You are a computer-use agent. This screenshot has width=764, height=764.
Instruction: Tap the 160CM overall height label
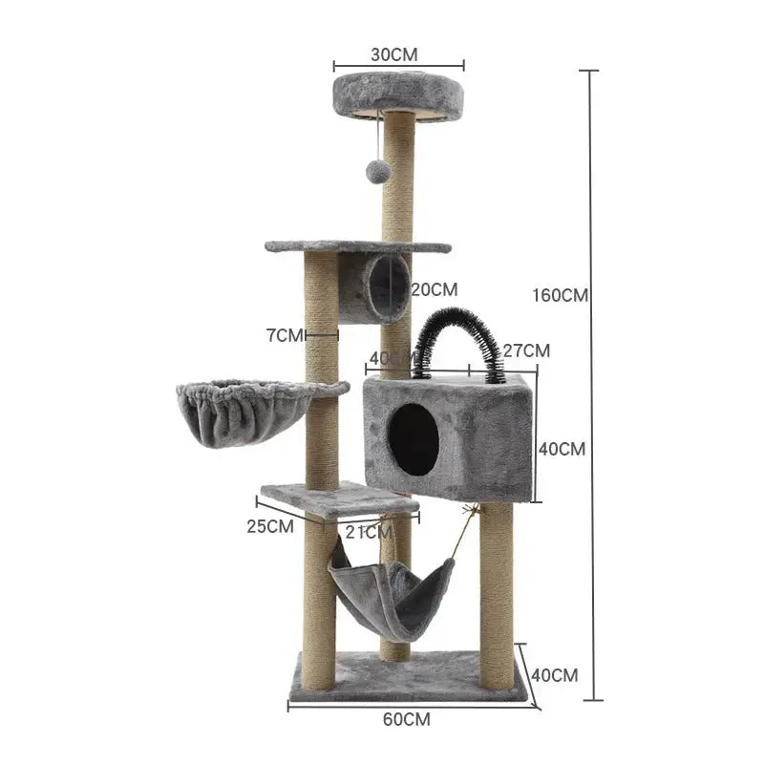560,295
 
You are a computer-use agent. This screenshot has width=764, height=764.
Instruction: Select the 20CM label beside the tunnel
435,288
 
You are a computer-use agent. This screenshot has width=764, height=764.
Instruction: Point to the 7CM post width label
284,335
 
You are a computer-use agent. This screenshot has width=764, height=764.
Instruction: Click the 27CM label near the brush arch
527,350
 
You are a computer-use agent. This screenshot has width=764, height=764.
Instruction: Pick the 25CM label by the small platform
269,525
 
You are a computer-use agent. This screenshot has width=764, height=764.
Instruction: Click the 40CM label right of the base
554,675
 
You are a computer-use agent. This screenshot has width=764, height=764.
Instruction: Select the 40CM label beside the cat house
562,448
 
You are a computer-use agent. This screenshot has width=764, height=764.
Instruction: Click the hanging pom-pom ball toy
379,171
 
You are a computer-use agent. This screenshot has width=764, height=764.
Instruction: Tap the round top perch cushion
398,93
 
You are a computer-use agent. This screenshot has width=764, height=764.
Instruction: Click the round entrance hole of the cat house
414,438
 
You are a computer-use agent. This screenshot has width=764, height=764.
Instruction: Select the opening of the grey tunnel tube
390,286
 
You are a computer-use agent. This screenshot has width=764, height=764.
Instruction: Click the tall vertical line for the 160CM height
592,382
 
